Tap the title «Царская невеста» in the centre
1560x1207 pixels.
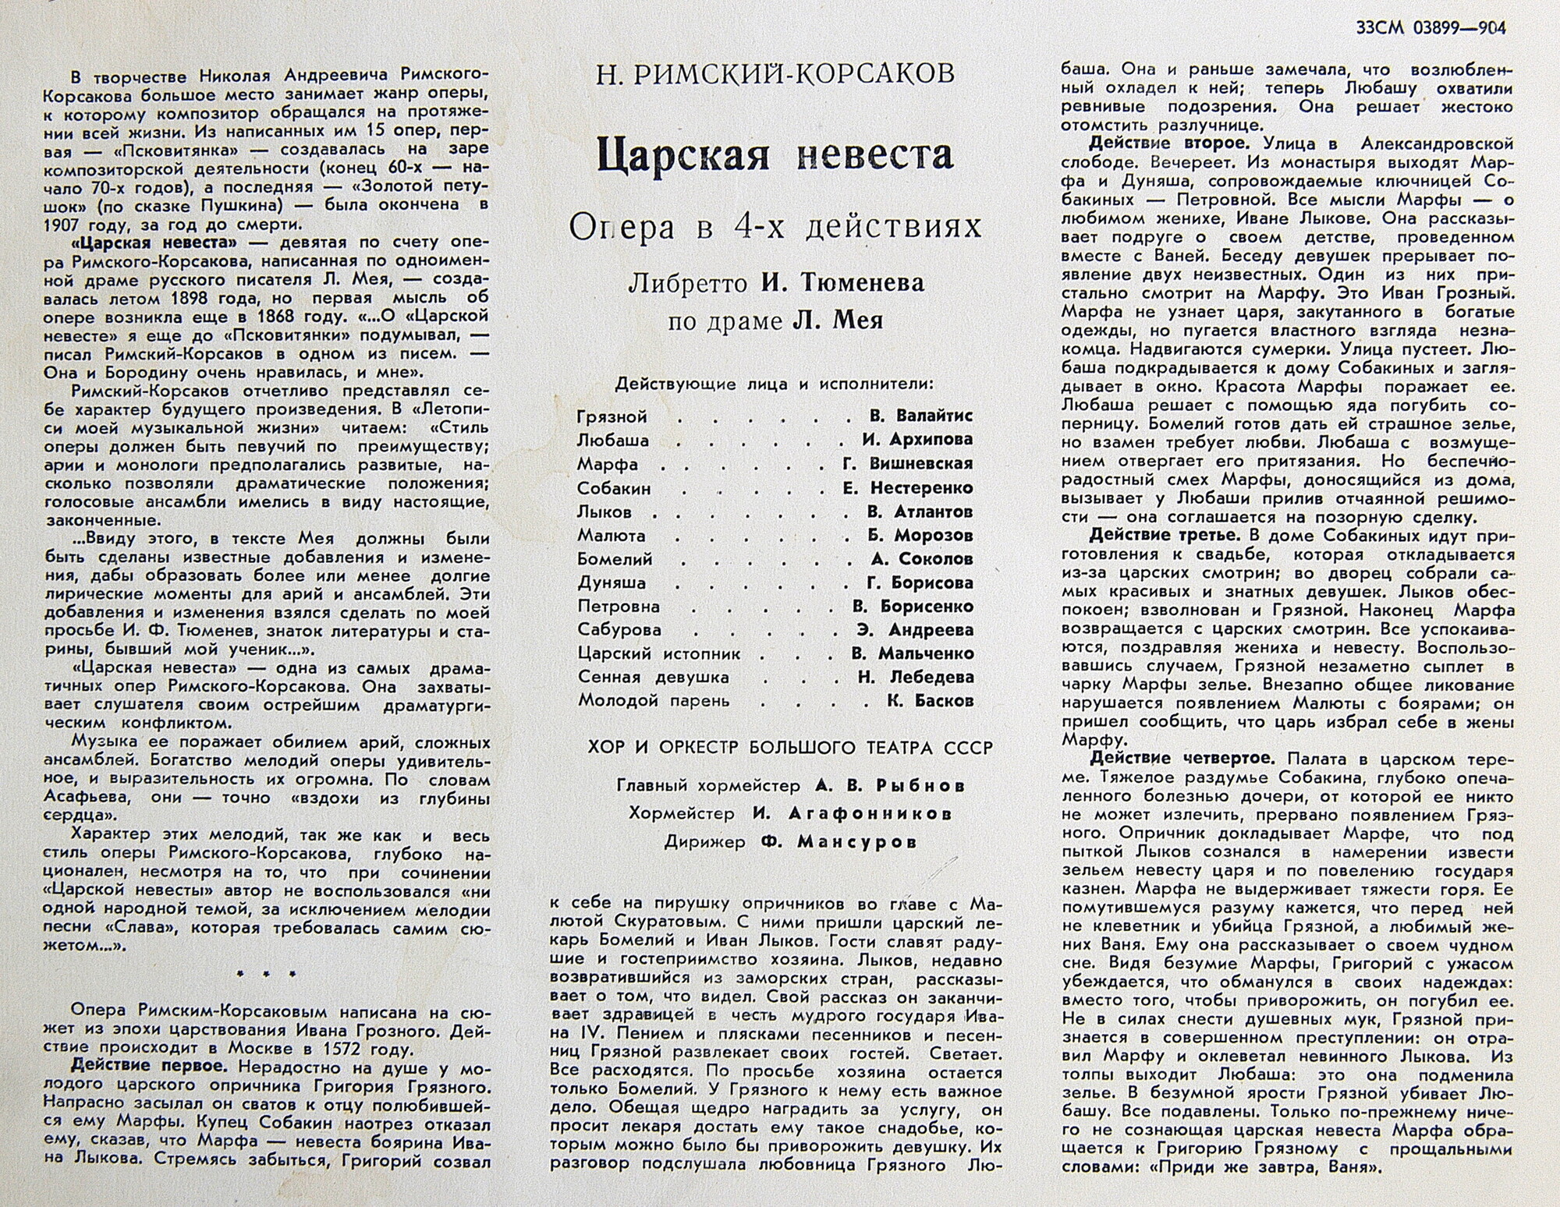click(x=775, y=154)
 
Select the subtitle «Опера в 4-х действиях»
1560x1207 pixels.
click(x=775, y=227)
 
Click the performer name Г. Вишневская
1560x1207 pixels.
click(x=920, y=464)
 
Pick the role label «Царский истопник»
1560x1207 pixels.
click(x=659, y=653)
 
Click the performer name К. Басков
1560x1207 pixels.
click(x=930, y=701)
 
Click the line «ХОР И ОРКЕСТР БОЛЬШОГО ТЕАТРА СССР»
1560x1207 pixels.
click(x=791, y=749)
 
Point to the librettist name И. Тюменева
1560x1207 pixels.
click(x=842, y=283)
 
